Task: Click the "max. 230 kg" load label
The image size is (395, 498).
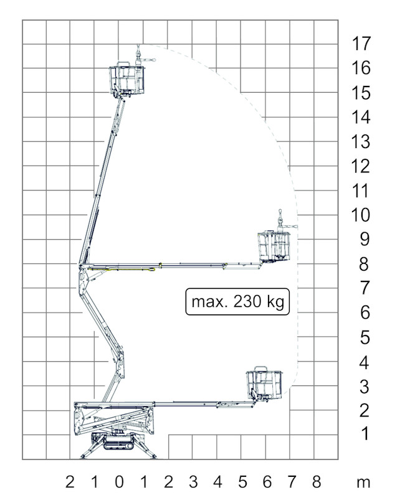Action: tap(237, 301)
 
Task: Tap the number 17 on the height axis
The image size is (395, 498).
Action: tap(361, 44)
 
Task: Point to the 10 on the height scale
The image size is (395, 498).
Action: tap(361, 215)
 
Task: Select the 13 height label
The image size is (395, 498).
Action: tap(361, 142)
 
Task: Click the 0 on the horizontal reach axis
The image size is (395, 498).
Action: tap(119, 482)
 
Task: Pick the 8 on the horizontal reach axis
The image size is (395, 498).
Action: tap(316, 482)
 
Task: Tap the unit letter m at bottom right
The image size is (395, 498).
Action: tap(363, 484)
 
